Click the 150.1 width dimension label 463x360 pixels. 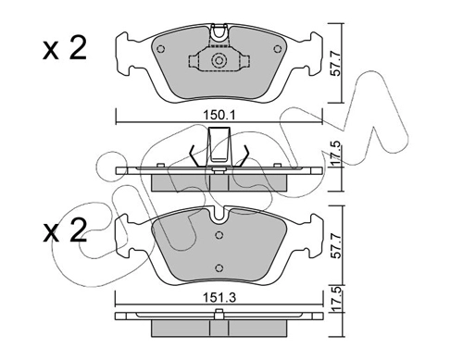pos(219,116)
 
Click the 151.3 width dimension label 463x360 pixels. pos(219,298)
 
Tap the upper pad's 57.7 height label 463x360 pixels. pos(335,64)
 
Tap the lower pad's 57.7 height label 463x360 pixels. pos(336,245)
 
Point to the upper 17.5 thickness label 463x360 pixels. pos(336,153)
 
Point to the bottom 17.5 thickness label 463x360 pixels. pos(337,299)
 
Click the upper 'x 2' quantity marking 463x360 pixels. pos(65,49)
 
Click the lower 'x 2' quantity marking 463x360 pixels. pos(65,231)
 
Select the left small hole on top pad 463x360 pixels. pos(160,49)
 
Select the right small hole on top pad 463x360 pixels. pos(278,49)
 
